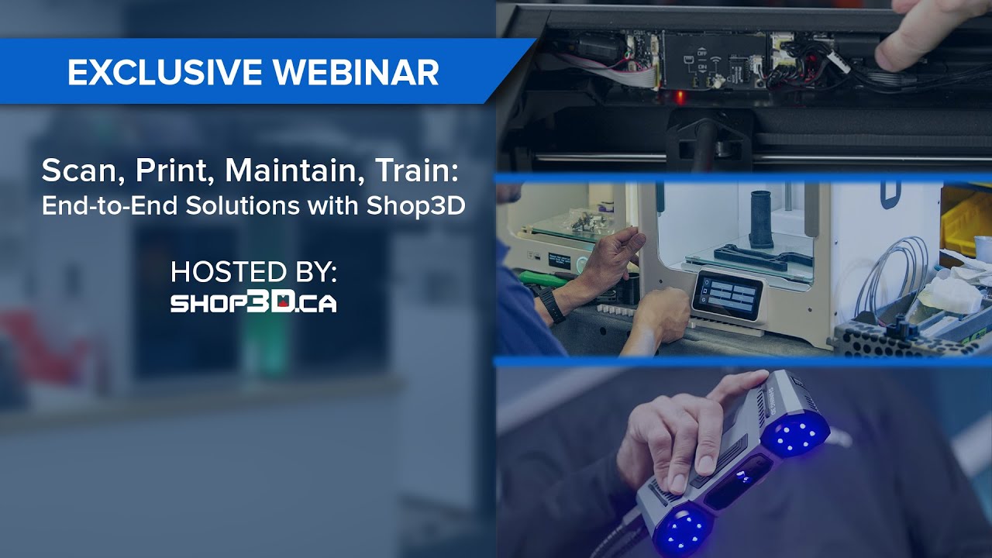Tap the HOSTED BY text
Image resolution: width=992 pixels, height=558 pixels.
pos(253,273)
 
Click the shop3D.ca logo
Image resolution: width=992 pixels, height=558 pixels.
pos(253,302)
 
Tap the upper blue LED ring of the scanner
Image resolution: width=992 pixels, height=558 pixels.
pos(795,435)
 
